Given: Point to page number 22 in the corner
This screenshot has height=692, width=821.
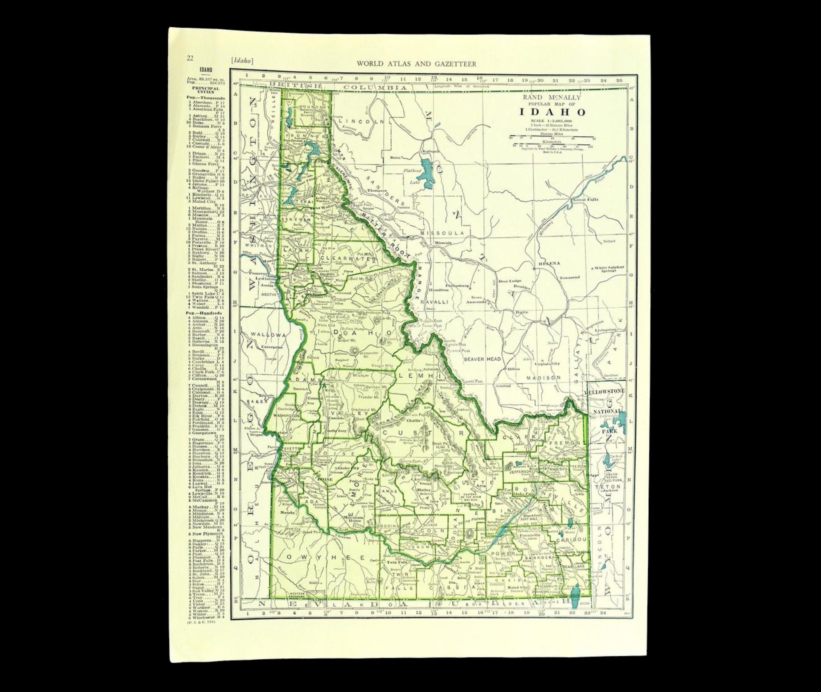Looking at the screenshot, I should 190,59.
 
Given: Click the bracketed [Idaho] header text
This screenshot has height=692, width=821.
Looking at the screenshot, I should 242,61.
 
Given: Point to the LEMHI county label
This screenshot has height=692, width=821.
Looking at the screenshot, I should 417,375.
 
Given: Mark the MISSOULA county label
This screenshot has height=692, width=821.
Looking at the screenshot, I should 442,233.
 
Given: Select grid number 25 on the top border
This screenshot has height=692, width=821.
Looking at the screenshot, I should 619,80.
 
